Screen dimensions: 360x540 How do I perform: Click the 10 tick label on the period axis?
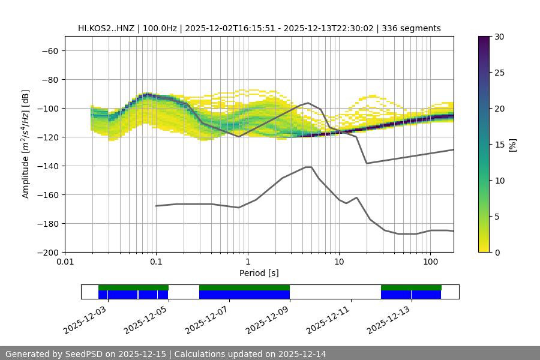339,262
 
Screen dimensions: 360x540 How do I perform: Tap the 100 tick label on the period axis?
430,262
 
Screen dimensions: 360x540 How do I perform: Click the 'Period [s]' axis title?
259,273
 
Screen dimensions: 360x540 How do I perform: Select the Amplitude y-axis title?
25,144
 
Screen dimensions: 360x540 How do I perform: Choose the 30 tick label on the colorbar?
499,37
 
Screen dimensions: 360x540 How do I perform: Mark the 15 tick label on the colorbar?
499,145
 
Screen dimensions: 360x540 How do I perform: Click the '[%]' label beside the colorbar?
512,145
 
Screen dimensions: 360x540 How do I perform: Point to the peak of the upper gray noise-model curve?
308,103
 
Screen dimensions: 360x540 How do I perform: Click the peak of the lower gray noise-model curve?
308,167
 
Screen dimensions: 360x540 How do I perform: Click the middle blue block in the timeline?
244,295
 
